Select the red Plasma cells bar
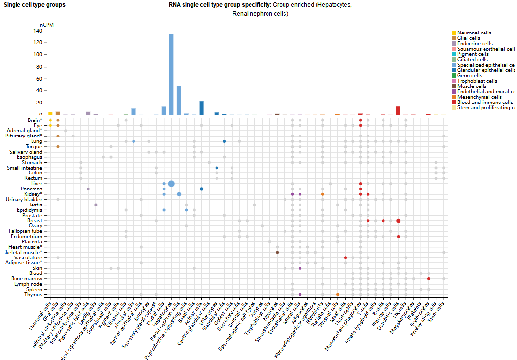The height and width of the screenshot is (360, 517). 398,110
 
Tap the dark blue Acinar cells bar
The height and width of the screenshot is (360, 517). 201,108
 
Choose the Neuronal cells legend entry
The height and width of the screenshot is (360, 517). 474,33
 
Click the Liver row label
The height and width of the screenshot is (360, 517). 35,184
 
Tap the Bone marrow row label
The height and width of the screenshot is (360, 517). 29,279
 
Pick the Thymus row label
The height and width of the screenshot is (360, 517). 33,295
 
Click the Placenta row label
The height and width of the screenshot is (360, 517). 32,242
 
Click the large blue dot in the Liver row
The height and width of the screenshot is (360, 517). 171,184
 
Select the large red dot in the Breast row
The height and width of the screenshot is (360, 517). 398,221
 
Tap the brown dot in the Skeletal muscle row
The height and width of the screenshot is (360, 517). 277,252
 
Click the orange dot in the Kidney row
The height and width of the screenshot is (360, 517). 322,194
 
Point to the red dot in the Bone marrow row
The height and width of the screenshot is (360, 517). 429,279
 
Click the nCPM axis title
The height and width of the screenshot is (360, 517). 45,24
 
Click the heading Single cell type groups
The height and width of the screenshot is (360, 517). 34,5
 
